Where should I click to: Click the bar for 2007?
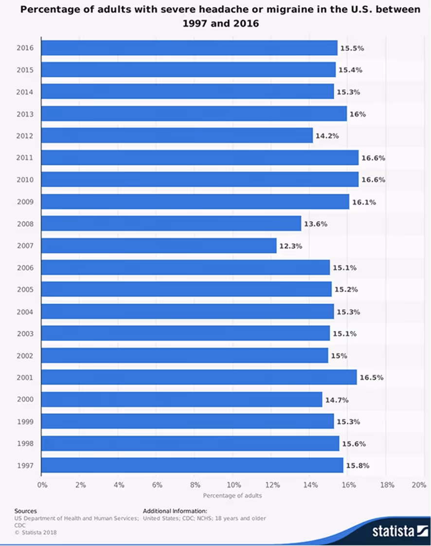tap(159, 246)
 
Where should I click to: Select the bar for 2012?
tap(177, 136)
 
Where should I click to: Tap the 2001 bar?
tap(199, 377)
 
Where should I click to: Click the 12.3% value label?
tap(290, 246)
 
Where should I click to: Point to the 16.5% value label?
tap(372, 378)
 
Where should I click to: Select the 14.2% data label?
tap(327, 136)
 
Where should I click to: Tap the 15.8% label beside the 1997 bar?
tap(358, 466)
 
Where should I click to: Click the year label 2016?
tap(24, 48)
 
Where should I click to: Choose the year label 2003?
tap(24, 334)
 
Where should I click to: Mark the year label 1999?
tap(24, 422)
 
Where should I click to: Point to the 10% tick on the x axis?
tap(234, 485)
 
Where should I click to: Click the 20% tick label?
tap(418, 485)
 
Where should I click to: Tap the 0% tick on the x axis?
tap(42, 485)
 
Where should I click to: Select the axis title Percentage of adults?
tap(232, 496)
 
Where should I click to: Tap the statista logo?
tap(394, 531)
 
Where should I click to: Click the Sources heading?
tap(25, 511)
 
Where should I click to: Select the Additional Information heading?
tap(175, 511)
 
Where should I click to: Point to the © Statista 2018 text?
tap(36, 532)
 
